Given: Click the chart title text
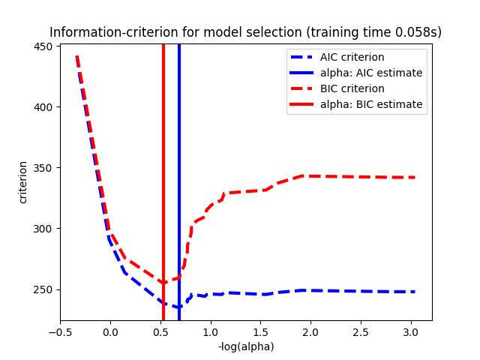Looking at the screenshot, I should pos(245,32).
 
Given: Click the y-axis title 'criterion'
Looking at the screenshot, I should pos(23,182).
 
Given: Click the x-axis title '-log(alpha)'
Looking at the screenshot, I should pos(245,346).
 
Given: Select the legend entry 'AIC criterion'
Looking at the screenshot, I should pos(352,57).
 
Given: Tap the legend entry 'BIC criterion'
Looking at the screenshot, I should pos(352,88).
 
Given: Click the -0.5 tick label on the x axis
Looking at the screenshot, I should pos(60,331).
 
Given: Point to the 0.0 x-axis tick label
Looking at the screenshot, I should pos(110,331).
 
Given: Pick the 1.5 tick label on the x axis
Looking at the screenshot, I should pos(260,331).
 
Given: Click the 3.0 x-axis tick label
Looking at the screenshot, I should pos(411,331).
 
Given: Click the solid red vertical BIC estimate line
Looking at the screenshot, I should pos(163,150).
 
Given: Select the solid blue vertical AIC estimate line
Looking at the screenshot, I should pos(179,150).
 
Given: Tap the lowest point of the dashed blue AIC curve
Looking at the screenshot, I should pos(178,307).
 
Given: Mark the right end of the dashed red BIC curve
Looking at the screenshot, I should pos(415,177).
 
